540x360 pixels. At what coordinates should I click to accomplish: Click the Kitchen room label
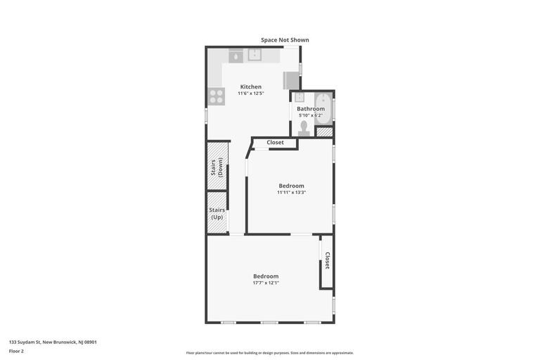click(251, 86)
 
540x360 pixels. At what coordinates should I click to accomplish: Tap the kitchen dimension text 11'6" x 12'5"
click(251, 94)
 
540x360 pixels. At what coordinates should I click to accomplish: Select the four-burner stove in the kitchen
click(217, 96)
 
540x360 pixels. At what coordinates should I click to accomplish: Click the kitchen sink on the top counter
click(255, 55)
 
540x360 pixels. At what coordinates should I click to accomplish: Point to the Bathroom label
click(311, 109)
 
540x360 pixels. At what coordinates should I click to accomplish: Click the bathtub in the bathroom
click(323, 109)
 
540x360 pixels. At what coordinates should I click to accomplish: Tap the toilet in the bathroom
click(304, 128)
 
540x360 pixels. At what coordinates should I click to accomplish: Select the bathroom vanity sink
click(300, 97)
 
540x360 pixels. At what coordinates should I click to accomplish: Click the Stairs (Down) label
click(217, 167)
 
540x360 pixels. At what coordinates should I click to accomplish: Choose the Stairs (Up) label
click(217, 214)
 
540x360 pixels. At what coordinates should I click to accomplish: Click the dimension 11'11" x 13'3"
click(291, 193)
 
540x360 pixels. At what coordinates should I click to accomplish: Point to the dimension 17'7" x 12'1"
click(266, 283)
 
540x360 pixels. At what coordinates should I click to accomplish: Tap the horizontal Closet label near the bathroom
click(275, 142)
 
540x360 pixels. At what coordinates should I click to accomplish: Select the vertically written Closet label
click(327, 260)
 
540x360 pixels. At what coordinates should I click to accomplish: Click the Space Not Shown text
click(285, 40)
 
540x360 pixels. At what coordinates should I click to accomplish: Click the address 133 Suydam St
click(25, 342)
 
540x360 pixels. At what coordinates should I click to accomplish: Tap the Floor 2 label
click(16, 352)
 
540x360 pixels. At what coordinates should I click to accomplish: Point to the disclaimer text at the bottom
click(270, 353)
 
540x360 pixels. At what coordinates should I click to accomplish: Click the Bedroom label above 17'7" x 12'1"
click(266, 276)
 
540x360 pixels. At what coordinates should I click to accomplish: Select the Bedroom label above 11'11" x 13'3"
click(291, 186)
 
